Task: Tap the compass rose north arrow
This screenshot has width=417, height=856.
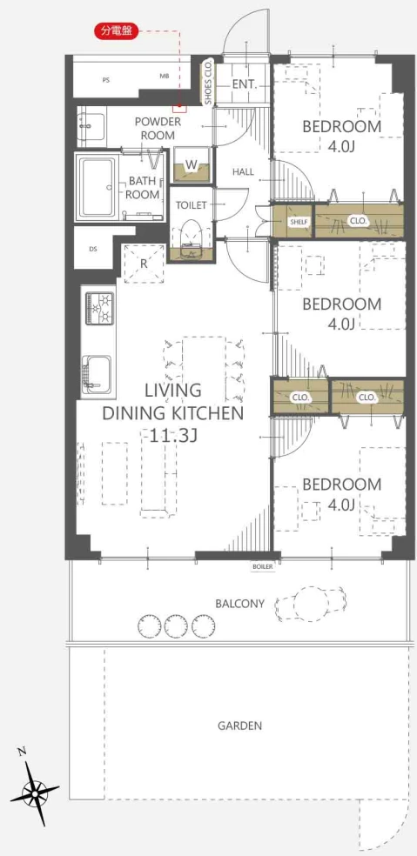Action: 35,789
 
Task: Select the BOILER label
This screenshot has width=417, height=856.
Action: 262,566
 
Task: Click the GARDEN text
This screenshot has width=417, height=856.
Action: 240,726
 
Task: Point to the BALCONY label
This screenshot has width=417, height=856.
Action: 240,604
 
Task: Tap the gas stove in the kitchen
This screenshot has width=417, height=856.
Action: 99,309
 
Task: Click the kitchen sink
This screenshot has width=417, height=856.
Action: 98,376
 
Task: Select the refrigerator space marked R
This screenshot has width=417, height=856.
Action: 144,263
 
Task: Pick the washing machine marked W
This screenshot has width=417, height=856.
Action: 192,165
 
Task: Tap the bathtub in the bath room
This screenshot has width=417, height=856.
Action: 98,187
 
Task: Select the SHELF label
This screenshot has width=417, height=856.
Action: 299,221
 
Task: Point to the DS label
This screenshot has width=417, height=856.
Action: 93,249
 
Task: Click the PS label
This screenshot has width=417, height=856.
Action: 106,79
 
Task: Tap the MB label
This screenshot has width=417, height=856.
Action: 164,77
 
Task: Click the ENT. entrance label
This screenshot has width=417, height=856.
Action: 245,84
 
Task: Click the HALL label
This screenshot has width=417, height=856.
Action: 243,172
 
